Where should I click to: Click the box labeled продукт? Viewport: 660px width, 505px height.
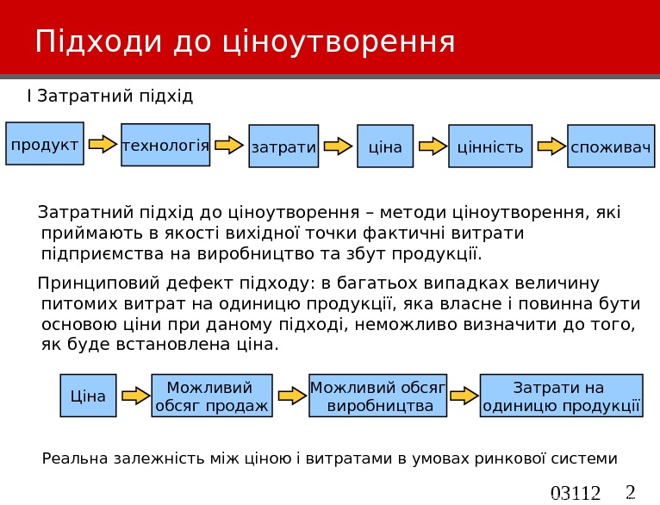tap(44, 144)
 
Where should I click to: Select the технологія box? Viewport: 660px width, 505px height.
tap(166, 145)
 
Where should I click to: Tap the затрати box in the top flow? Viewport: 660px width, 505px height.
tap(283, 147)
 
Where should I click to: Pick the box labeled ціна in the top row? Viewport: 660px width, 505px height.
tap(385, 147)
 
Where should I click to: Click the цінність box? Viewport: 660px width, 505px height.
tap(489, 147)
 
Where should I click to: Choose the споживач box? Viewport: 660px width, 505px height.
tap(611, 147)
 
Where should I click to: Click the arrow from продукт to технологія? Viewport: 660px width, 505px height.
tap(103, 144)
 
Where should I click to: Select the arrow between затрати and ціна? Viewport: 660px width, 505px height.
tap(342, 146)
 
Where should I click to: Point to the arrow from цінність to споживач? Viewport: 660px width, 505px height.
tap(550, 146)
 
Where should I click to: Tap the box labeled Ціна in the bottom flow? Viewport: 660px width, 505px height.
tap(88, 396)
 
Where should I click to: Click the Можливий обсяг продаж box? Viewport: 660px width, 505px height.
tap(211, 396)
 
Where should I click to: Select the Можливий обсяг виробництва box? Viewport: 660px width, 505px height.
tap(377, 396)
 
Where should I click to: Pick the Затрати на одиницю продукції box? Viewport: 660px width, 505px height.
tap(561, 396)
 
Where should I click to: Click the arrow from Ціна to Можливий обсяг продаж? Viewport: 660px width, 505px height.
tap(136, 396)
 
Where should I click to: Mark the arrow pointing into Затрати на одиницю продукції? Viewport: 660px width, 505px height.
tap(464, 396)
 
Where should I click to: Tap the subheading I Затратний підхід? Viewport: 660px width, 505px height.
tap(110, 95)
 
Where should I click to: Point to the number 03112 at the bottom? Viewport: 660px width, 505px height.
tap(575, 494)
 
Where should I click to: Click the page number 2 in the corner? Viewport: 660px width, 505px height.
tap(630, 493)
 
